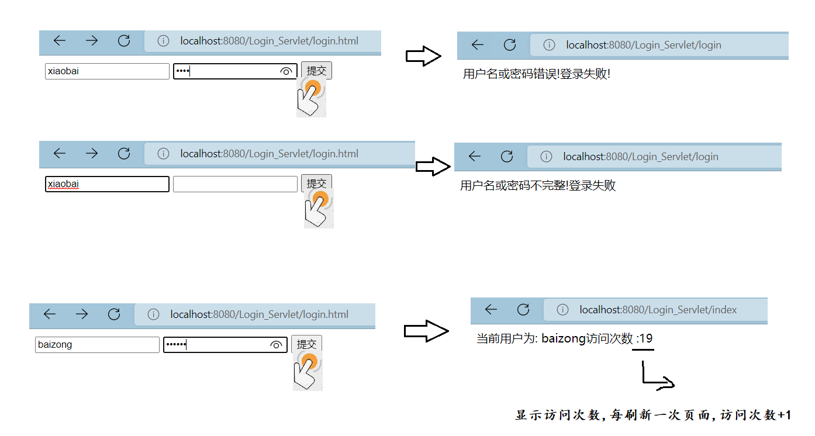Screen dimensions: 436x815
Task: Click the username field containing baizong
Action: tap(97, 345)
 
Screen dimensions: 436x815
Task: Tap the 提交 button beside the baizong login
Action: tap(306, 344)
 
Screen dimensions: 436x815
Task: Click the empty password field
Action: tap(235, 184)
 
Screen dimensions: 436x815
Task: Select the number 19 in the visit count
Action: tap(646, 338)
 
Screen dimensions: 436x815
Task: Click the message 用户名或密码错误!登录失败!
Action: tap(537, 74)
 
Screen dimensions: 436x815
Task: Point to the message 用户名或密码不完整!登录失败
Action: tap(538, 186)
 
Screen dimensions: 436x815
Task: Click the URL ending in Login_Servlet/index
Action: tap(658, 310)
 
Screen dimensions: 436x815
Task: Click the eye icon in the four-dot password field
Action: tap(286, 71)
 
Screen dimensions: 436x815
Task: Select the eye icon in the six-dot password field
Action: tap(276, 345)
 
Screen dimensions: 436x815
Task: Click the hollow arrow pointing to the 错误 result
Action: tap(423, 56)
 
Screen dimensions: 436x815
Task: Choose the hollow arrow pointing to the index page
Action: tap(426, 331)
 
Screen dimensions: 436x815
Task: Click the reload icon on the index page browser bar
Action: tap(523, 309)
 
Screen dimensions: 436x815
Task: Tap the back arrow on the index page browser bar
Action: tap(491, 309)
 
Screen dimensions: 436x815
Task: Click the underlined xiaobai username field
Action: tap(107, 184)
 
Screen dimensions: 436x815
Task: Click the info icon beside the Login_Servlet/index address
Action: tap(562, 310)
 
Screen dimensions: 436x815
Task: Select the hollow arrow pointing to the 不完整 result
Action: tap(433, 166)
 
